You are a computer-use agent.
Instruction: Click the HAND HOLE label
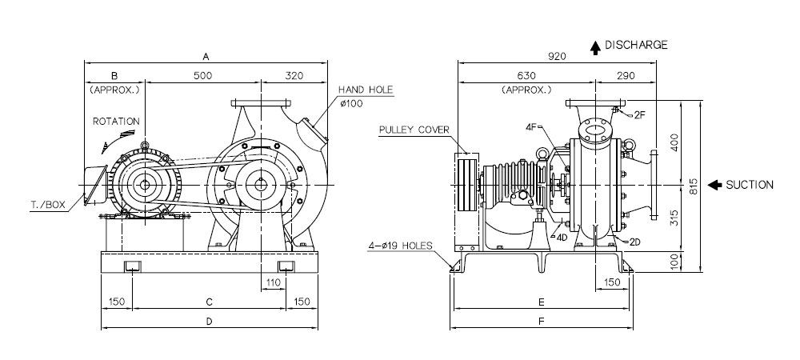click(366, 90)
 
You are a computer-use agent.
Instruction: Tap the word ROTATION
click(116, 122)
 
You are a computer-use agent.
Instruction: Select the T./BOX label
click(48, 205)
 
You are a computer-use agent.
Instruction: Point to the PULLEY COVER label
click(414, 130)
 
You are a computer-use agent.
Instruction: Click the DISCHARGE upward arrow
click(595, 48)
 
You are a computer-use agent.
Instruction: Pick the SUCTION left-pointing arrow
click(714, 185)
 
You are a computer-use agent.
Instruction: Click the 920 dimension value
click(557, 57)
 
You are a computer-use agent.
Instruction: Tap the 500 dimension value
click(202, 76)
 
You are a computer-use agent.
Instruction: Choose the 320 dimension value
click(294, 76)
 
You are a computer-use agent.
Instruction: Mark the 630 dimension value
click(526, 76)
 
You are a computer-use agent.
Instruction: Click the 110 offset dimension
click(274, 282)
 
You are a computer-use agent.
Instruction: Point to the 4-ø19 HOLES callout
click(399, 246)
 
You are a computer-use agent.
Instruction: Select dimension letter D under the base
click(209, 322)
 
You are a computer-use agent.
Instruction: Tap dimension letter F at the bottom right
click(542, 322)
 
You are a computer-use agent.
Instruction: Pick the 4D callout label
click(562, 237)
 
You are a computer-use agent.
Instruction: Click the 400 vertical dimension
click(674, 142)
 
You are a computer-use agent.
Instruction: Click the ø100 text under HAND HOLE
click(350, 104)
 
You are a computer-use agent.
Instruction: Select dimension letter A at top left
click(206, 56)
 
